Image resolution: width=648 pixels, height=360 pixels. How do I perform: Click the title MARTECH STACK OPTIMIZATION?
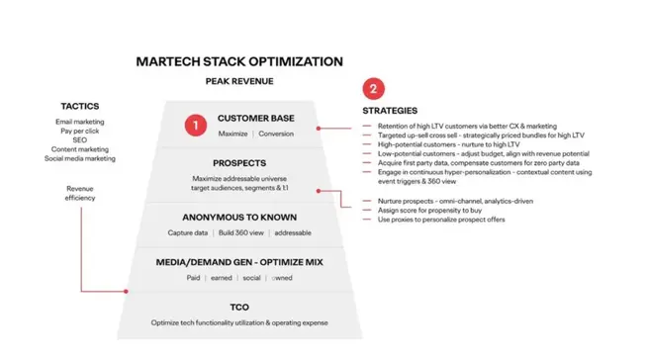239,61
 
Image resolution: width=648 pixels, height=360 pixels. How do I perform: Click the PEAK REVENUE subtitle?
239,82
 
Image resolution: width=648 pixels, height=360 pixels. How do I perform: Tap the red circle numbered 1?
196,126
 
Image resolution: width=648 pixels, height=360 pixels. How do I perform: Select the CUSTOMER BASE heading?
255,119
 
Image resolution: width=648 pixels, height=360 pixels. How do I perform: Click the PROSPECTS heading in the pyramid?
240,162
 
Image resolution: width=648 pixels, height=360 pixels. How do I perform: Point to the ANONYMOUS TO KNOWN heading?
240,217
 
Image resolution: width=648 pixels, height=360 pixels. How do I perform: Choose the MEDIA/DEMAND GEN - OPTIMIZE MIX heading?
240,261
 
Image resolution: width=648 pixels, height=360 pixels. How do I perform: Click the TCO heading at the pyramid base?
240,308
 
